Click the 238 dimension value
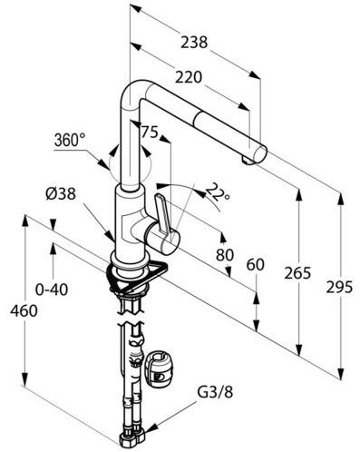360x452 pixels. click(194, 42)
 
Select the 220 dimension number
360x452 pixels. click(189, 77)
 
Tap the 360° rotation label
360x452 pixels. click(70, 140)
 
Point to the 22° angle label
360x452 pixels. click(219, 192)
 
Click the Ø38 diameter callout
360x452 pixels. click(61, 193)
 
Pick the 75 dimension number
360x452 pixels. click(150, 132)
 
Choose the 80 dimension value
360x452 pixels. click(225, 255)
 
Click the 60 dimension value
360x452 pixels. click(256, 265)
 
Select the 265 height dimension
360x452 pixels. click(297, 273)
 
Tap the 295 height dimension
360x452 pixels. click(339, 287)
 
